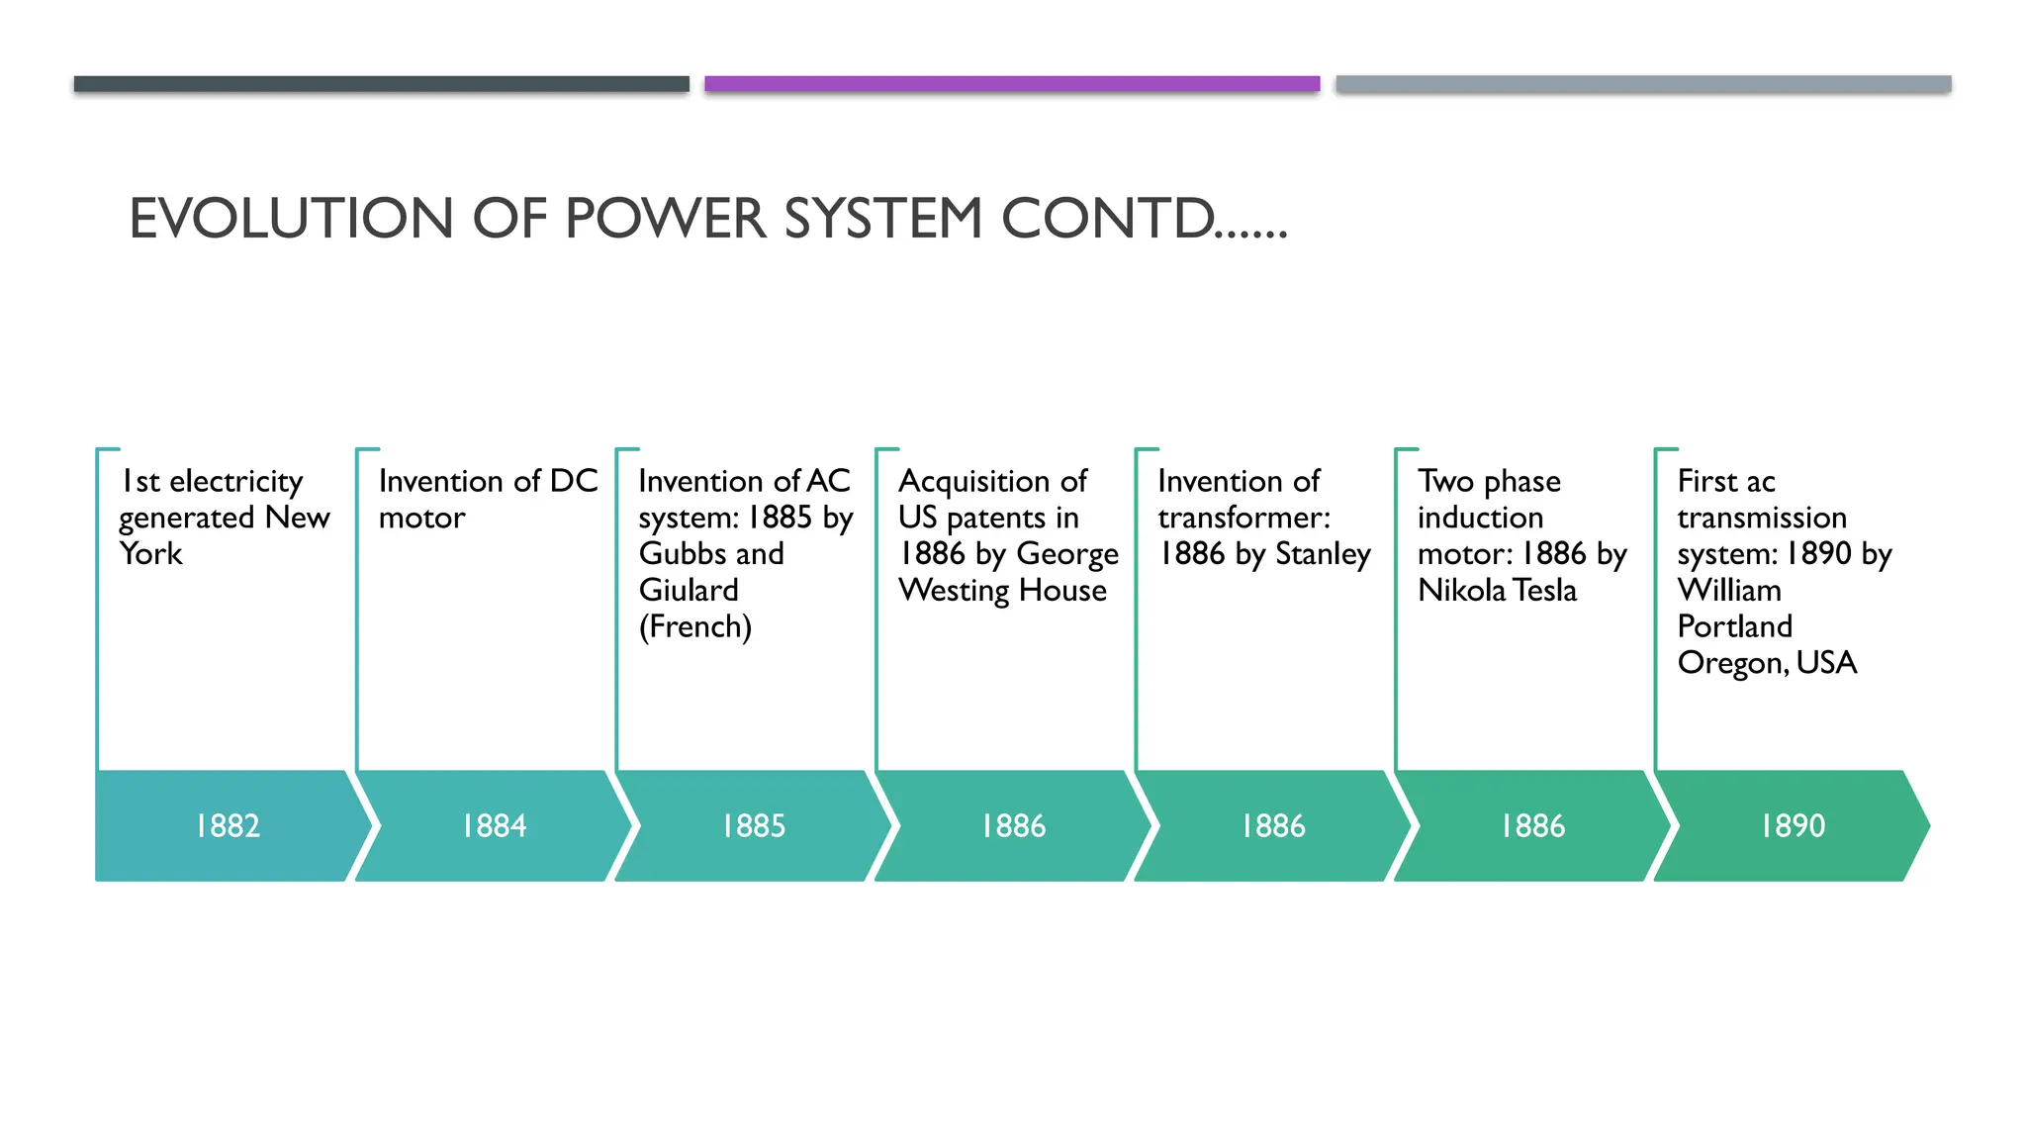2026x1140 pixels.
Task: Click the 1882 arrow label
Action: point(228,825)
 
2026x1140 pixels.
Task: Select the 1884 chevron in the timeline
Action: point(494,825)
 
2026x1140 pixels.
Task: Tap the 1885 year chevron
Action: point(754,825)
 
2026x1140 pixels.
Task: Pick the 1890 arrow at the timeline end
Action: point(1793,825)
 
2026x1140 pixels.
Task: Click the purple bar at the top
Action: point(1012,84)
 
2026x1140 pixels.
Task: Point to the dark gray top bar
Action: point(381,84)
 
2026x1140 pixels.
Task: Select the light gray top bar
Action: point(1643,84)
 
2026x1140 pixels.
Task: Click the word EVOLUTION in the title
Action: point(291,219)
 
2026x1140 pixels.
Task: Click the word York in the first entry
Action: point(150,554)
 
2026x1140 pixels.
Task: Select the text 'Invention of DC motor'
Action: point(487,499)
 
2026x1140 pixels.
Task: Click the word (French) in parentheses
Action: point(695,627)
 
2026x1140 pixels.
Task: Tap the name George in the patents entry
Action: point(1067,554)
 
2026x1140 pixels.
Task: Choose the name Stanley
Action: point(1323,554)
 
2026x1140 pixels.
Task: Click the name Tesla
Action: point(1545,591)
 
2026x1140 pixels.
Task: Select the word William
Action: point(1729,591)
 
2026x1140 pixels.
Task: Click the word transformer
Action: point(1243,518)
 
